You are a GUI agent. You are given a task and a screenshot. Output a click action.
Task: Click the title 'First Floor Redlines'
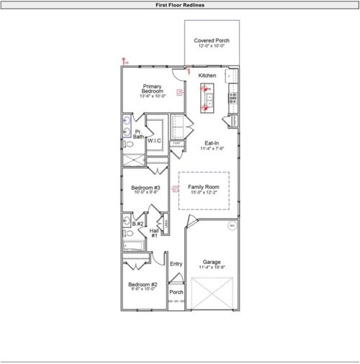[x=180, y=4]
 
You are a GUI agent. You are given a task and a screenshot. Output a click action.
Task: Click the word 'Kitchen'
[x=207, y=76]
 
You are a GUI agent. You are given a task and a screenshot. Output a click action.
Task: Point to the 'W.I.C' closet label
[x=154, y=141]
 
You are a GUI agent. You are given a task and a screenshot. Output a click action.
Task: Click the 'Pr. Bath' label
[x=138, y=135]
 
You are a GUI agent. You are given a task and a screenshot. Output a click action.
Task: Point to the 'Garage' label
[x=212, y=262]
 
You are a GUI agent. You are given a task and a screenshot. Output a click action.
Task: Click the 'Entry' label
[x=176, y=264]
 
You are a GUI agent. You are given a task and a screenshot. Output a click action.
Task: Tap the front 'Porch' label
[x=176, y=292]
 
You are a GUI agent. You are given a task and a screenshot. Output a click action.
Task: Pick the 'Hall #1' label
[x=154, y=233]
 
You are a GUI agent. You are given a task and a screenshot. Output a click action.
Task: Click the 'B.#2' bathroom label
[x=137, y=224]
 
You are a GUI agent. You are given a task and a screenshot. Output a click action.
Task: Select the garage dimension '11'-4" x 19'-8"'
[x=212, y=268]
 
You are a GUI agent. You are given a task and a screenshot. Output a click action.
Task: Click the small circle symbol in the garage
[x=232, y=226]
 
